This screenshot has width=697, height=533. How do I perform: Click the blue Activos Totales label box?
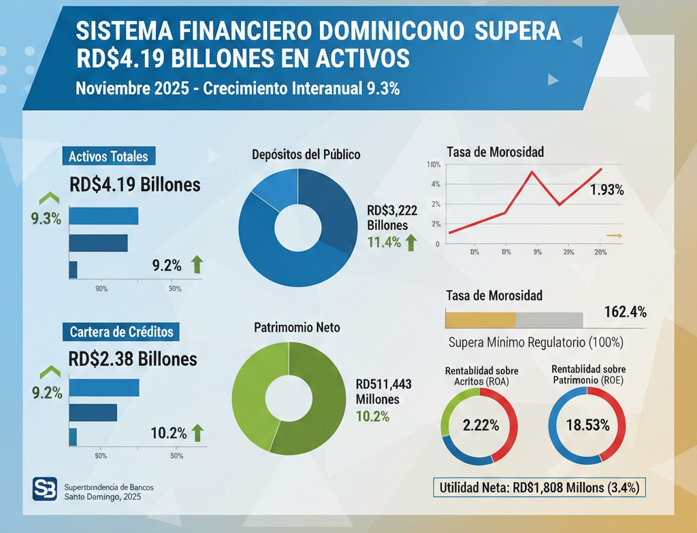tap(108, 156)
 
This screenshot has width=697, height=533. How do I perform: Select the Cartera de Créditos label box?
tap(121, 332)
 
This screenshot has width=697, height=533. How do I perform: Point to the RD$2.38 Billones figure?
tap(133, 358)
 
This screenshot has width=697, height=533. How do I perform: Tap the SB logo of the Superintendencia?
tap(45, 489)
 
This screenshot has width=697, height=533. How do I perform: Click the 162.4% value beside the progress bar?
tap(625, 312)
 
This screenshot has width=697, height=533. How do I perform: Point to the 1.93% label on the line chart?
tap(606, 190)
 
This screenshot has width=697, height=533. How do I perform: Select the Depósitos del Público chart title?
tap(306, 154)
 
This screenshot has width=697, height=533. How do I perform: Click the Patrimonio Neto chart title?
tap(297, 327)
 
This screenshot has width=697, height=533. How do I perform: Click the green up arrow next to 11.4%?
tap(410, 242)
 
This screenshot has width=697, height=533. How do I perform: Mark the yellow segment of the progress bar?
tap(480, 320)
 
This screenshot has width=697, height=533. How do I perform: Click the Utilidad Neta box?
tap(538, 487)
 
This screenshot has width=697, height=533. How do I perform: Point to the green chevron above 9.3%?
tap(48, 199)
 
